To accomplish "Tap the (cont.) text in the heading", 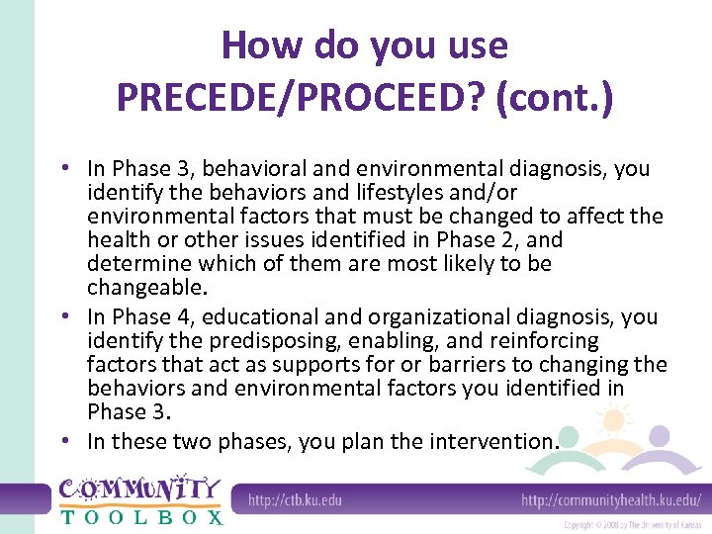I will (559, 97).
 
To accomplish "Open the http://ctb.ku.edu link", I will (294, 499).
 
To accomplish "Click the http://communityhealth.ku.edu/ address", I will (610, 499).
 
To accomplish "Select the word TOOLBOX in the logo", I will (141, 516).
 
